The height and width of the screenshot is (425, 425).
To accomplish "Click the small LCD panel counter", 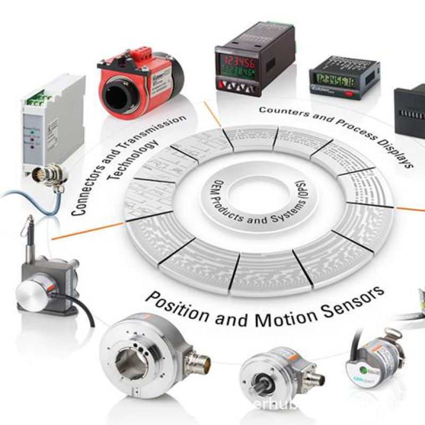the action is [344, 79].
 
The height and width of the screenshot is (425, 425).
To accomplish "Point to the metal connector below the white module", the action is [53, 175].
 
